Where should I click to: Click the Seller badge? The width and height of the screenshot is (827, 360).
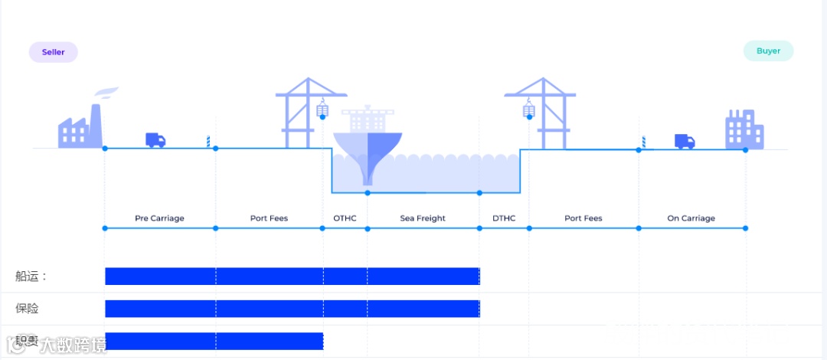click(x=54, y=52)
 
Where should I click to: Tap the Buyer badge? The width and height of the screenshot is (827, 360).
click(x=768, y=51)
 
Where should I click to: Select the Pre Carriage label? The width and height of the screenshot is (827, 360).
click(x=159, y=218)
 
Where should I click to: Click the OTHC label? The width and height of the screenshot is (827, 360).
click(x=345, y=218)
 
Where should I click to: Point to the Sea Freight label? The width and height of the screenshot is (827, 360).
click(x=423, y=218)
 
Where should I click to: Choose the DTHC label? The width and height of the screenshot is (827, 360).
click(x=504, y=218)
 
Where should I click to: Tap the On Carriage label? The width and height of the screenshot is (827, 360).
click(x=691, y=218)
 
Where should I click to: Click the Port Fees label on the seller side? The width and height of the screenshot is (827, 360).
click(x=269, y=218)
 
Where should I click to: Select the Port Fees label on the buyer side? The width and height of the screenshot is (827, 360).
click(x=583, y=218)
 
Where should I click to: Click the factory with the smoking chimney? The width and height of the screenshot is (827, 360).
click(x=81, y=126)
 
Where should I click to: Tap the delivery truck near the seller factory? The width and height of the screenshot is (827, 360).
click(x=155, y=140)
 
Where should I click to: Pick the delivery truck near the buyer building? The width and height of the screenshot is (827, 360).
click(x=685, y=141)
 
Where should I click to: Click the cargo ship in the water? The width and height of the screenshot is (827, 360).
click(x=368, y=142)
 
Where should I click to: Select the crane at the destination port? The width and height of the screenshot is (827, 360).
click(x=544, y=111)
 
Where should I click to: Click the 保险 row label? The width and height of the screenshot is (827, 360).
click(x=27, y=309)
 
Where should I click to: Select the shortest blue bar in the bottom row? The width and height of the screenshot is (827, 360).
click(x=214, y=342)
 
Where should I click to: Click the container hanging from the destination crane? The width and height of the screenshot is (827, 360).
click(x=528, y=111)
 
